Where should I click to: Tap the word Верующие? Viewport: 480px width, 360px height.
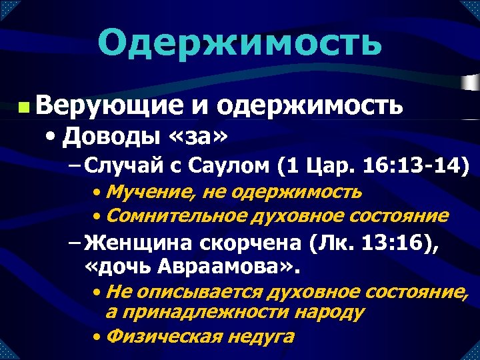pos(111,105)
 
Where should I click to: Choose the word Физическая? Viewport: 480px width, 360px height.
pos(163,335)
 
